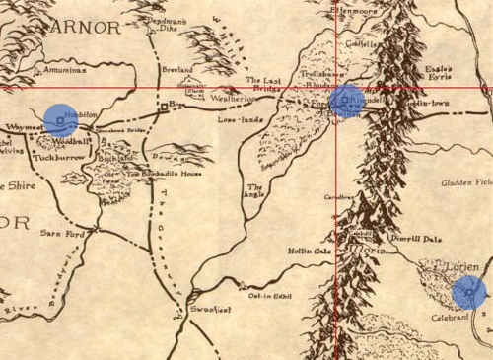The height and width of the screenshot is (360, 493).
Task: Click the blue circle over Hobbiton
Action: [61, 119]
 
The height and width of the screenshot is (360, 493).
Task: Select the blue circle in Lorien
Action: [469, 292]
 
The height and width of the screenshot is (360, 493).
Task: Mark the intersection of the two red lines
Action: [336, 88]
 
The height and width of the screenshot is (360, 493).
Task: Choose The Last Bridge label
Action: [265, 85]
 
